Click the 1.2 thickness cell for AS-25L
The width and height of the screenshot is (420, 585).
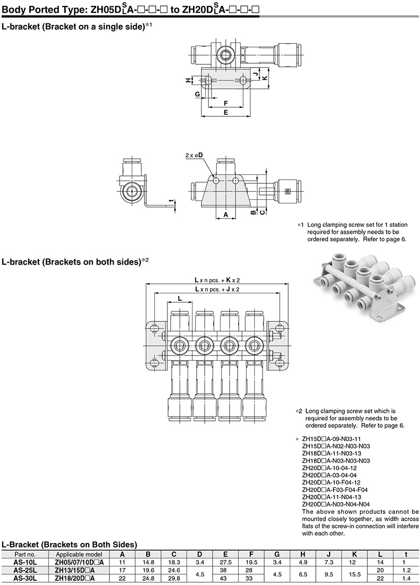coord(406,570)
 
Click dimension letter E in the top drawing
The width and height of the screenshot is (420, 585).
coord(226,113)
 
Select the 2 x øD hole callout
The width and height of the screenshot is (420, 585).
coord(195,155)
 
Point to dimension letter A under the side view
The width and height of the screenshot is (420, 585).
coord(225,215)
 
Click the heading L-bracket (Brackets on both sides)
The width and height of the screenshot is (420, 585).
coord(72,261)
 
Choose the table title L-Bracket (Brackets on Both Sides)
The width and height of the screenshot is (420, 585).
coord(70,544)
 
